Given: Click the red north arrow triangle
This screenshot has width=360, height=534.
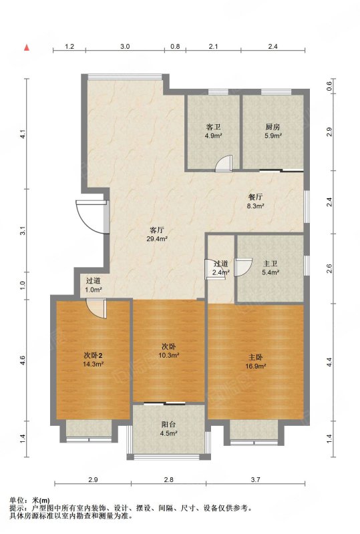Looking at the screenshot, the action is [x=27, y=47].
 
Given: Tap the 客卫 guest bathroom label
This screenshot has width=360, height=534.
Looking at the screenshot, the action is [x=214, y=127].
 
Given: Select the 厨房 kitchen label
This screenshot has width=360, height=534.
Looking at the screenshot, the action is [x=273, y=127].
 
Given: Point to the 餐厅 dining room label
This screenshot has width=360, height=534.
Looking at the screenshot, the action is [x=255, y=197].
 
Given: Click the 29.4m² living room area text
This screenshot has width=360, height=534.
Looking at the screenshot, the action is [x=157, y=239].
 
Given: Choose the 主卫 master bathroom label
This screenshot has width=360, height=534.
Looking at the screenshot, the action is [x=271, y=264].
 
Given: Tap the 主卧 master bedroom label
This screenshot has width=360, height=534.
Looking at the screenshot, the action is [x=255, y=357].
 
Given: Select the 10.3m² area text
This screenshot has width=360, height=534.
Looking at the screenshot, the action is [x=169, y=355].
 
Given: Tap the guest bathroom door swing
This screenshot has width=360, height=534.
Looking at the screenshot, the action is [x=223, y=163].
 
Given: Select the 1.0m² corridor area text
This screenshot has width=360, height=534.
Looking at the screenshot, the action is [x=94, y=290].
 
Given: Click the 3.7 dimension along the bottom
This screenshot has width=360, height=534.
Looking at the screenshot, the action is [x=256, y=479].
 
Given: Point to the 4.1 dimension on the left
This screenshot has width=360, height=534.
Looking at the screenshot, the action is [x=23, y=135].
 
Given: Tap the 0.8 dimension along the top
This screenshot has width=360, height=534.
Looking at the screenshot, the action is [x=175, y=46].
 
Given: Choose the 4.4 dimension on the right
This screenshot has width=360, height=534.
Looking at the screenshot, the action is [x=329, y=362].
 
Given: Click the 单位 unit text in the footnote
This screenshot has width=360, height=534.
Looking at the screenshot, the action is [x=16, y=500].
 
